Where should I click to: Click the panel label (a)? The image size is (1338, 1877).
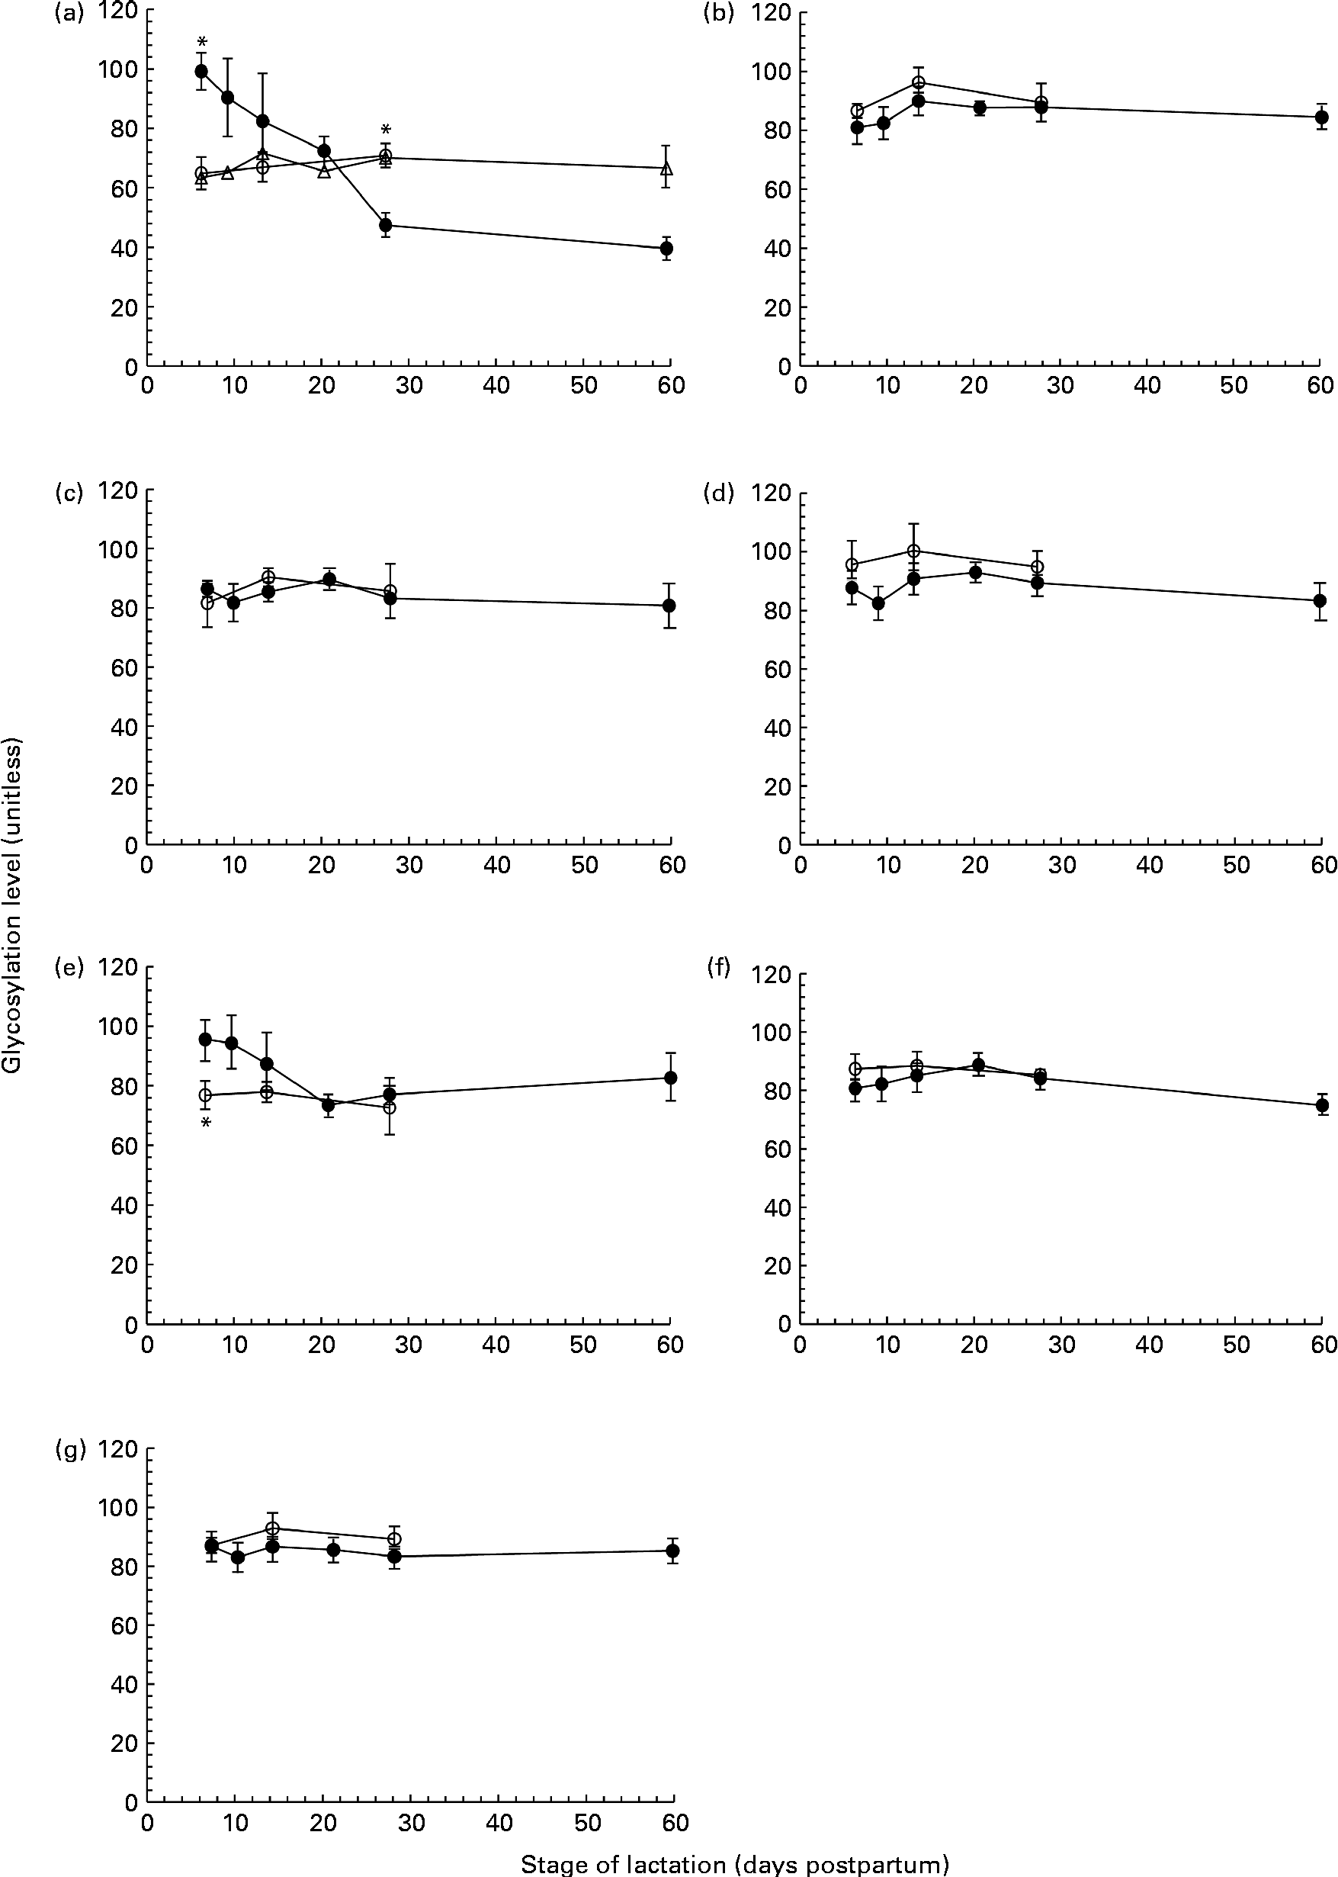69,14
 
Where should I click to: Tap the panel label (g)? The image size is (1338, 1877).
69,1450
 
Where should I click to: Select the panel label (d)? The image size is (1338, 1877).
720,493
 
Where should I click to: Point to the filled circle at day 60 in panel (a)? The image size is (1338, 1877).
666,248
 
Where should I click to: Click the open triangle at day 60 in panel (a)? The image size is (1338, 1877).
667,169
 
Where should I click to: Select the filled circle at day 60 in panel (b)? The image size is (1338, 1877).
1320,117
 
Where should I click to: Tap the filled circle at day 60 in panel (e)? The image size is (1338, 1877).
671,1078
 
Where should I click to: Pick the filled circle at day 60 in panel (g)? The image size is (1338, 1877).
672,1551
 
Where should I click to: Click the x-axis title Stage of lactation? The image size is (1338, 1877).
734,1864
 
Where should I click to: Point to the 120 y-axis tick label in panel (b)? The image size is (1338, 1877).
772,14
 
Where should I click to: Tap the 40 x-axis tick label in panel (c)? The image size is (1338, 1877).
496,866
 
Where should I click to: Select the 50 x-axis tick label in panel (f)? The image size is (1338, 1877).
1236,1344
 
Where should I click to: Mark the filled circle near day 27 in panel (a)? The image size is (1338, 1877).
385,225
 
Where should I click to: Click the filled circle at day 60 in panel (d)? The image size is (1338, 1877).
1320,601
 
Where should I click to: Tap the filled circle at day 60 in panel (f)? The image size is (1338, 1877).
1322,1106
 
